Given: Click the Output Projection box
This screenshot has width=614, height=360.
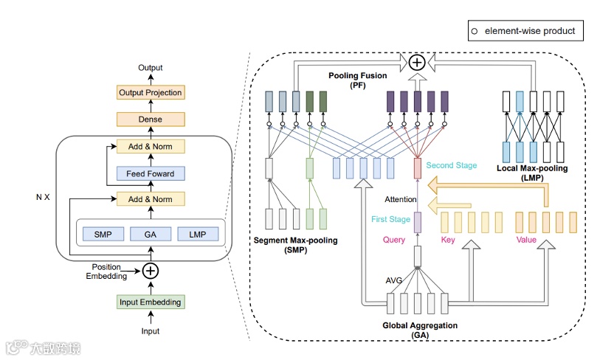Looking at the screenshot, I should point(150,93).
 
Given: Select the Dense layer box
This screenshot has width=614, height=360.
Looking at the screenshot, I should point(150,119).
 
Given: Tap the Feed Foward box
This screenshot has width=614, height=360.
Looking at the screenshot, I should point(150,173).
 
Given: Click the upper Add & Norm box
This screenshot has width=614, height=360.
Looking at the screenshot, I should point(150,146).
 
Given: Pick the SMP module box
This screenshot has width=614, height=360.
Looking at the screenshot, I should point(103,234).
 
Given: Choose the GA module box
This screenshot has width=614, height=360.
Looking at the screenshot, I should point(150,234).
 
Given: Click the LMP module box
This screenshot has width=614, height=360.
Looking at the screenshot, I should point(197,234).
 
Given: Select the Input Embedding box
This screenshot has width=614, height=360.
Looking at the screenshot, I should point(150,302).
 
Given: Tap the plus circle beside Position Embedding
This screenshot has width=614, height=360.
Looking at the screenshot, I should point(150,271).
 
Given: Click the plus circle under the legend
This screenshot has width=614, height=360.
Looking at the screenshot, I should point(417,63).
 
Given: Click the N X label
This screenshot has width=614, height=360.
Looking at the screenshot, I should point(43,198).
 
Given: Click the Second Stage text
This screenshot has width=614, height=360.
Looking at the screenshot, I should point(452,166).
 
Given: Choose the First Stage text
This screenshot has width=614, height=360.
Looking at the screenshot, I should point(390,219).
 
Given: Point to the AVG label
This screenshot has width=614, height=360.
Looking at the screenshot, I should point(395,281).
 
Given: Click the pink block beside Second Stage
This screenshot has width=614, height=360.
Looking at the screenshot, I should point(417,168).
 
